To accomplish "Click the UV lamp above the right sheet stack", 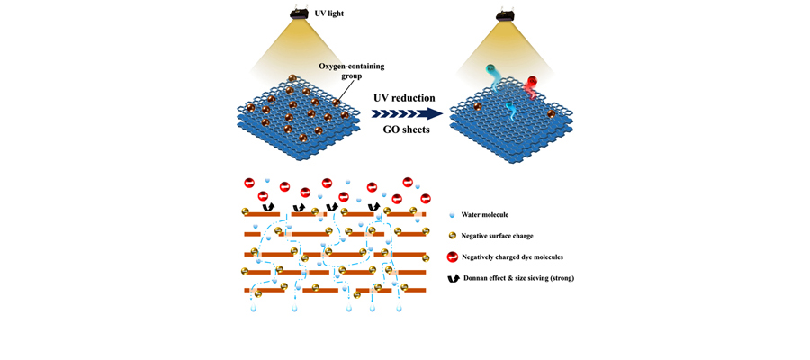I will [x=507, y=13].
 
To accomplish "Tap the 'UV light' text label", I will [x=328, y=13].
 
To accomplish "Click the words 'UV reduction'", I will [x=404, y=97].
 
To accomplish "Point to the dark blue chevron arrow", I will [x=407, y=113].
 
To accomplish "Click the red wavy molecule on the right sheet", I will [x=533, y=86].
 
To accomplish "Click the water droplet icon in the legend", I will [x=452, y=216].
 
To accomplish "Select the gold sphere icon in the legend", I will [x=453, y=236].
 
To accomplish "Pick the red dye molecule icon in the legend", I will [x=453, y=257].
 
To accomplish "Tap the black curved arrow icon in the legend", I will [x=453, y=279].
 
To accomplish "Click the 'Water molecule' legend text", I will [x=484, y=215].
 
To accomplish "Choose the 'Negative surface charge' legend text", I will [x=497, y=236].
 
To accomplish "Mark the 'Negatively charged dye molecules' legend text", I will [x=511, y=257].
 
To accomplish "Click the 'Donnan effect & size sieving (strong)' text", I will [x=518, y=278].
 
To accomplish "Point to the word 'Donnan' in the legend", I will [x=477, y=278].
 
